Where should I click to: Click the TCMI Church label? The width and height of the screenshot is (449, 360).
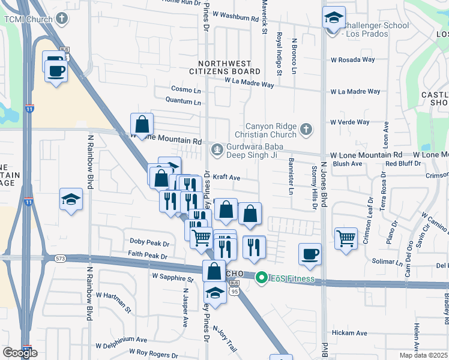click(28, 19)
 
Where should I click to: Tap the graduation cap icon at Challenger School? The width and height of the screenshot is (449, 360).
click(334, 19)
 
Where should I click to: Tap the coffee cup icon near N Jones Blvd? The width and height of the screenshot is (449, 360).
click(310, 254)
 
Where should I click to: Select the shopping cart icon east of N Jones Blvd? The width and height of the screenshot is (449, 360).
click(346, 238)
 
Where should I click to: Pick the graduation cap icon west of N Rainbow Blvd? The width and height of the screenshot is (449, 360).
click(71, 199)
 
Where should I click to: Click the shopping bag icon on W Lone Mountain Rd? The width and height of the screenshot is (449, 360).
click(142, 125)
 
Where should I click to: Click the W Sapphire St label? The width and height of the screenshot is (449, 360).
click(173, 278)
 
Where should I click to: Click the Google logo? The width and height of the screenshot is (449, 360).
click(20, 353)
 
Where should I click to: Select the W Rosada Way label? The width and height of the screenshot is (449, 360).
click(353, 59)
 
